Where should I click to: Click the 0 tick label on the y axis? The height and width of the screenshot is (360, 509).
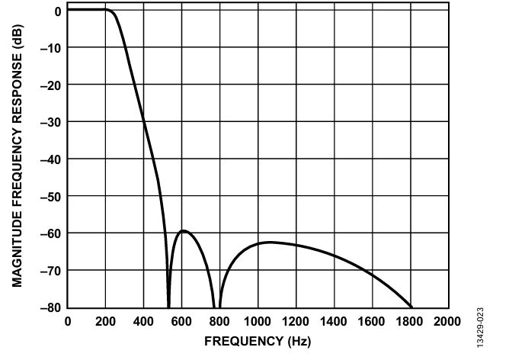click(58, 11)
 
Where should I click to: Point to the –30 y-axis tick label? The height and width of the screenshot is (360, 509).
click(50, 123)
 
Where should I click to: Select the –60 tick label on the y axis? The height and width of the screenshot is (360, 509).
click(50, 234)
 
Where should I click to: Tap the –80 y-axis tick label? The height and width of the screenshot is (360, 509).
click(50, 307)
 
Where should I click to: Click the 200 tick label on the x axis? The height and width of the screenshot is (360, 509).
click(105, 322)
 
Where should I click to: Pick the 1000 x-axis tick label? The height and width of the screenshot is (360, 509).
click(258, 322)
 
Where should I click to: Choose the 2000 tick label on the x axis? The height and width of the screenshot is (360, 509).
click(447, 322)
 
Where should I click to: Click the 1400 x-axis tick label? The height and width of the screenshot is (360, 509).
click(334, 322)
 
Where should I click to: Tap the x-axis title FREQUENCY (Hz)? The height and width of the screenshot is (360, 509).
click(258, 342)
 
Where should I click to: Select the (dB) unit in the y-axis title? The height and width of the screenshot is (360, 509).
click(18, 37)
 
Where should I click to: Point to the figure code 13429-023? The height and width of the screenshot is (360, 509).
click(481, 327)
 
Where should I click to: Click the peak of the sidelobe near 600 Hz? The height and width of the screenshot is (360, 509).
click(184, 230)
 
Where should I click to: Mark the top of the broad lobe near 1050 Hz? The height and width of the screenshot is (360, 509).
click(270, 242)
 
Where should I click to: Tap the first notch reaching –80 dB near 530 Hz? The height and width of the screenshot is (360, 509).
click(168, 307)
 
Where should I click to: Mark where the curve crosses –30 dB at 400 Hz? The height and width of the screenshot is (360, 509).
click(143, 122)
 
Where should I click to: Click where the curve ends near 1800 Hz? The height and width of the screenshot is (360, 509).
click(411, 307)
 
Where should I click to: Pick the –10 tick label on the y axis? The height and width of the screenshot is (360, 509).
click(50, 48)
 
